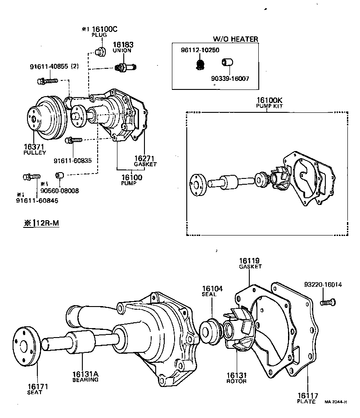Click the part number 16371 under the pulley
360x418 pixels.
(34, 147)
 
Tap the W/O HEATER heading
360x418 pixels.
(235, 39)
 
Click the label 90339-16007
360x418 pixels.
(230, 78)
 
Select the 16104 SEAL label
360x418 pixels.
(209, 291)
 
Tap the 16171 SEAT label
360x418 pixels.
(35, 389)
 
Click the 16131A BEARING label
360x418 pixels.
(85, 377)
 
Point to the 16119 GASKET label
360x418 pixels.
(250, 263)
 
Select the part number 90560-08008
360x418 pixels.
(59, 190)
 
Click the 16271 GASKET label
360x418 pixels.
(145, 161)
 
